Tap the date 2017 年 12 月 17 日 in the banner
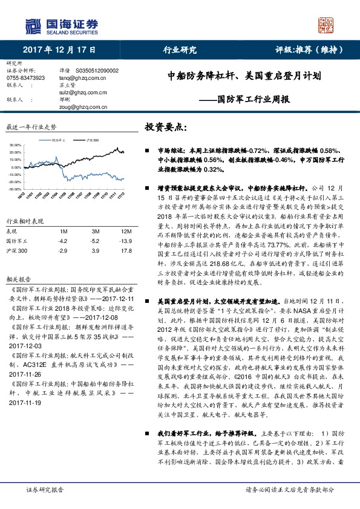click(56, 50)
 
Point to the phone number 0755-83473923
click(25, 78)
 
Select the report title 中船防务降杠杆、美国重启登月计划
click(244, 77)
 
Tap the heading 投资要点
click(166, 127)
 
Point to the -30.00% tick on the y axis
click(15, 189)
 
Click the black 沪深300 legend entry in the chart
click(91, 140)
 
